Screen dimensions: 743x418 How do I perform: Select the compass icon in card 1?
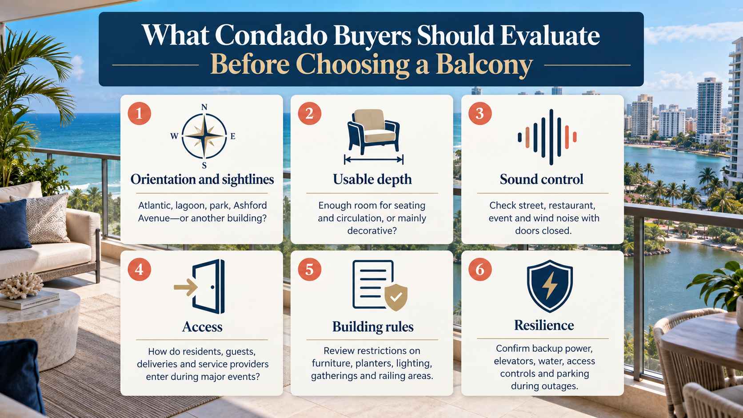(x=204, y=136)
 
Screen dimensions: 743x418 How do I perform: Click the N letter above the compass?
(x=204, y=107)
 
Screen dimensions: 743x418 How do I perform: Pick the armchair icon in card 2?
(x=373, y=131)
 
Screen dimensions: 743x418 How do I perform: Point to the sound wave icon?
(x=547, y=137)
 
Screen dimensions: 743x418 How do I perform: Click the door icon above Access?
(x=209, y=287)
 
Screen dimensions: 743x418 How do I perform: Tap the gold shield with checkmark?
(x=396, y=297)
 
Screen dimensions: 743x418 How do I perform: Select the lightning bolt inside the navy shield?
(x=550, y=286)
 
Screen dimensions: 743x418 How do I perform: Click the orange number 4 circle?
(x=140, y=270)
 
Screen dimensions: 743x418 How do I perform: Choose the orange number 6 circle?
(x=480, y=270)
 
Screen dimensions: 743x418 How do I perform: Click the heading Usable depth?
(x=372, y=179)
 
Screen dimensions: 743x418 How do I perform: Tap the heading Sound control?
(x=542, y=179)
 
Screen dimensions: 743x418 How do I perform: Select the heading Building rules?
(x=373, y=326)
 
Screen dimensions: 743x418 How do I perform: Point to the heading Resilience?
(x=544, y=325)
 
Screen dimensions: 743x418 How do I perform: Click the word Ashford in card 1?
(x=250, y=206)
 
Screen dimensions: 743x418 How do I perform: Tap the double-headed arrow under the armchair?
(x=374, y=160)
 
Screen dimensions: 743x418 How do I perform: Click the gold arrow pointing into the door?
(x=185, y=287)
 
